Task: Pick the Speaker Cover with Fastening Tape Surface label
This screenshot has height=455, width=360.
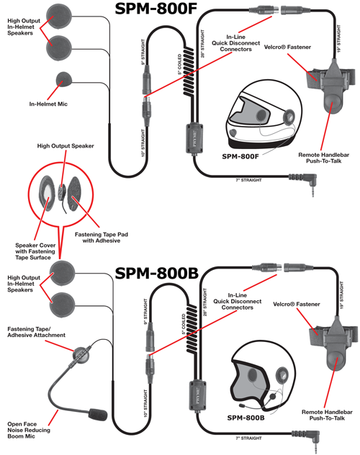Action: [32, 249]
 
